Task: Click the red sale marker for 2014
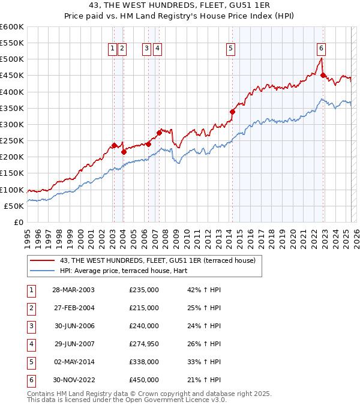click(232, 112)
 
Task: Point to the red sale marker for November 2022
click(323, 75)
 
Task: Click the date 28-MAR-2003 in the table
click(73, 290)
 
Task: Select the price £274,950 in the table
click(143, 344)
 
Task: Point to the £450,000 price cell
click(143, 380)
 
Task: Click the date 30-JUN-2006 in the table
click(73, 326)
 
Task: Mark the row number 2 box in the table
click(31, 308)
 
